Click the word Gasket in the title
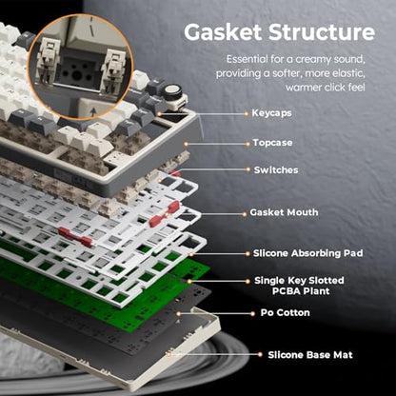click(223, 32)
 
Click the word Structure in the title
click(322, 32)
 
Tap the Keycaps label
click(271, 113)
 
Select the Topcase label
click(272, 143)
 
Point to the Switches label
click(276, 170)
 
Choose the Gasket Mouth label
click(284, 212)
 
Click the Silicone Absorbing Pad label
click(307, 253)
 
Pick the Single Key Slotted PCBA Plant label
click(299, 286)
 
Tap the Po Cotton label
click(285, 313)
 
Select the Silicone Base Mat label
click(310, 355)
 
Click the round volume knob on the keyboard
click(172, 92)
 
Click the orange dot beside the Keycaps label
click(246, 113)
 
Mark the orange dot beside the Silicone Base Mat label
click(260, 355)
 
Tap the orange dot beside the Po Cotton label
click(252, 313)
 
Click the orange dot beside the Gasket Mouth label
click(244, 214)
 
